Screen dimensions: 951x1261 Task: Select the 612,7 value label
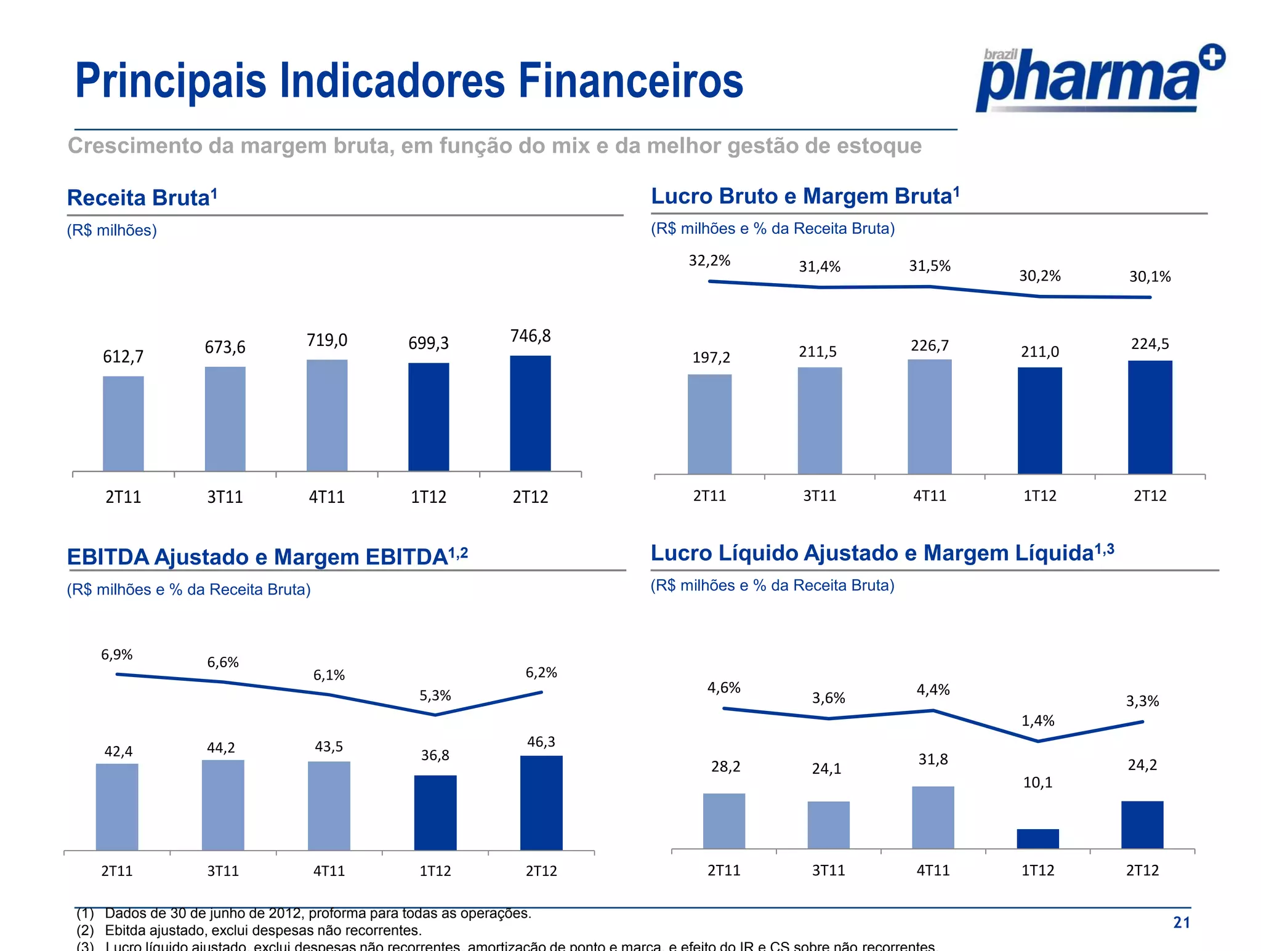123,357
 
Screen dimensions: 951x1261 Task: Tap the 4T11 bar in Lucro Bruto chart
929,417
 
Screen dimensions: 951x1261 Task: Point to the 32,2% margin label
709,261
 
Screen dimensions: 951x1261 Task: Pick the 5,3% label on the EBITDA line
435,696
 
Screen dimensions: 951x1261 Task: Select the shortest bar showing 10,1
1037,838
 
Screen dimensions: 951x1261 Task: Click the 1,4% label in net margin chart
1037,721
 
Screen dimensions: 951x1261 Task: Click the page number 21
1181,922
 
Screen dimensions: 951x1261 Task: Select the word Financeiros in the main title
630,81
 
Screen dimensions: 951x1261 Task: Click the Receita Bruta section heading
142,198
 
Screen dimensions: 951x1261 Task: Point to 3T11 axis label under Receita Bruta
225,497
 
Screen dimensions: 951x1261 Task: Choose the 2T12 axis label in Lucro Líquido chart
1142,870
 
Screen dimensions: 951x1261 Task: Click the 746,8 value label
530,336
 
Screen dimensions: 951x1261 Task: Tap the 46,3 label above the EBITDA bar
541,742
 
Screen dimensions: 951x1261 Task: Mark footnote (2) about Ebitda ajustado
249,930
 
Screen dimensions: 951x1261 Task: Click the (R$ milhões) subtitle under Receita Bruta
112,230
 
